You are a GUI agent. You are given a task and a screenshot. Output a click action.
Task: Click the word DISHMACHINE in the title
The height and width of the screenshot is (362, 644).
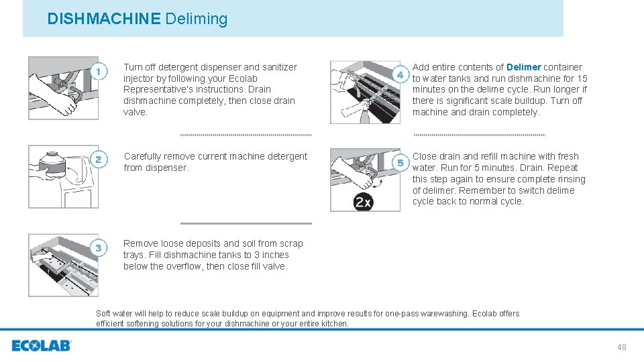[x=103, y=19]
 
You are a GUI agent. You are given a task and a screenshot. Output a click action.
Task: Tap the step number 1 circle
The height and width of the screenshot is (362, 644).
[x=99, y=71]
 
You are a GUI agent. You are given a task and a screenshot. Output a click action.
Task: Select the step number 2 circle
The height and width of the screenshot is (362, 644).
[x=99, y=160]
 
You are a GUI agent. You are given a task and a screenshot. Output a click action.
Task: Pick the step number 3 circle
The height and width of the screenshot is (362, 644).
[x=99, y=249]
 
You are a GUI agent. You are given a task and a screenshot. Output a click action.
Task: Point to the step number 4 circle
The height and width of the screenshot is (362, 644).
[x=400, y=75]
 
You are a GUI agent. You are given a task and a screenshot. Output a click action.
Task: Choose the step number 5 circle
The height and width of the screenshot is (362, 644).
[x=400, y=163]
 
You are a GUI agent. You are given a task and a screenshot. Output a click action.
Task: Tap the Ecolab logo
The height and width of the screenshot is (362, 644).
[x=41, y=346]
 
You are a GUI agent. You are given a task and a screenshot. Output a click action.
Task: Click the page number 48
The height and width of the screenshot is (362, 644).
[x=621, y=347]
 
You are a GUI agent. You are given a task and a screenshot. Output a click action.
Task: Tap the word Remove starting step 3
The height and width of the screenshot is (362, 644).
[x=140, y=243]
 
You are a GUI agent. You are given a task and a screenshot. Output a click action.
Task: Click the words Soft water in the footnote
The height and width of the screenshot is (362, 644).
[x=115, y=314]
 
